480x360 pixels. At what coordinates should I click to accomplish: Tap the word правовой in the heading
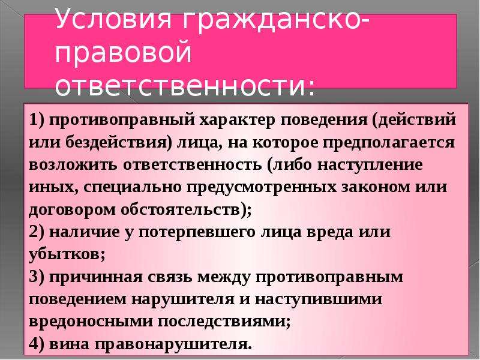[x=124, y=52]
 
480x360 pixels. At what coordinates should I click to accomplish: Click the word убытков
[x=64, y=254]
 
